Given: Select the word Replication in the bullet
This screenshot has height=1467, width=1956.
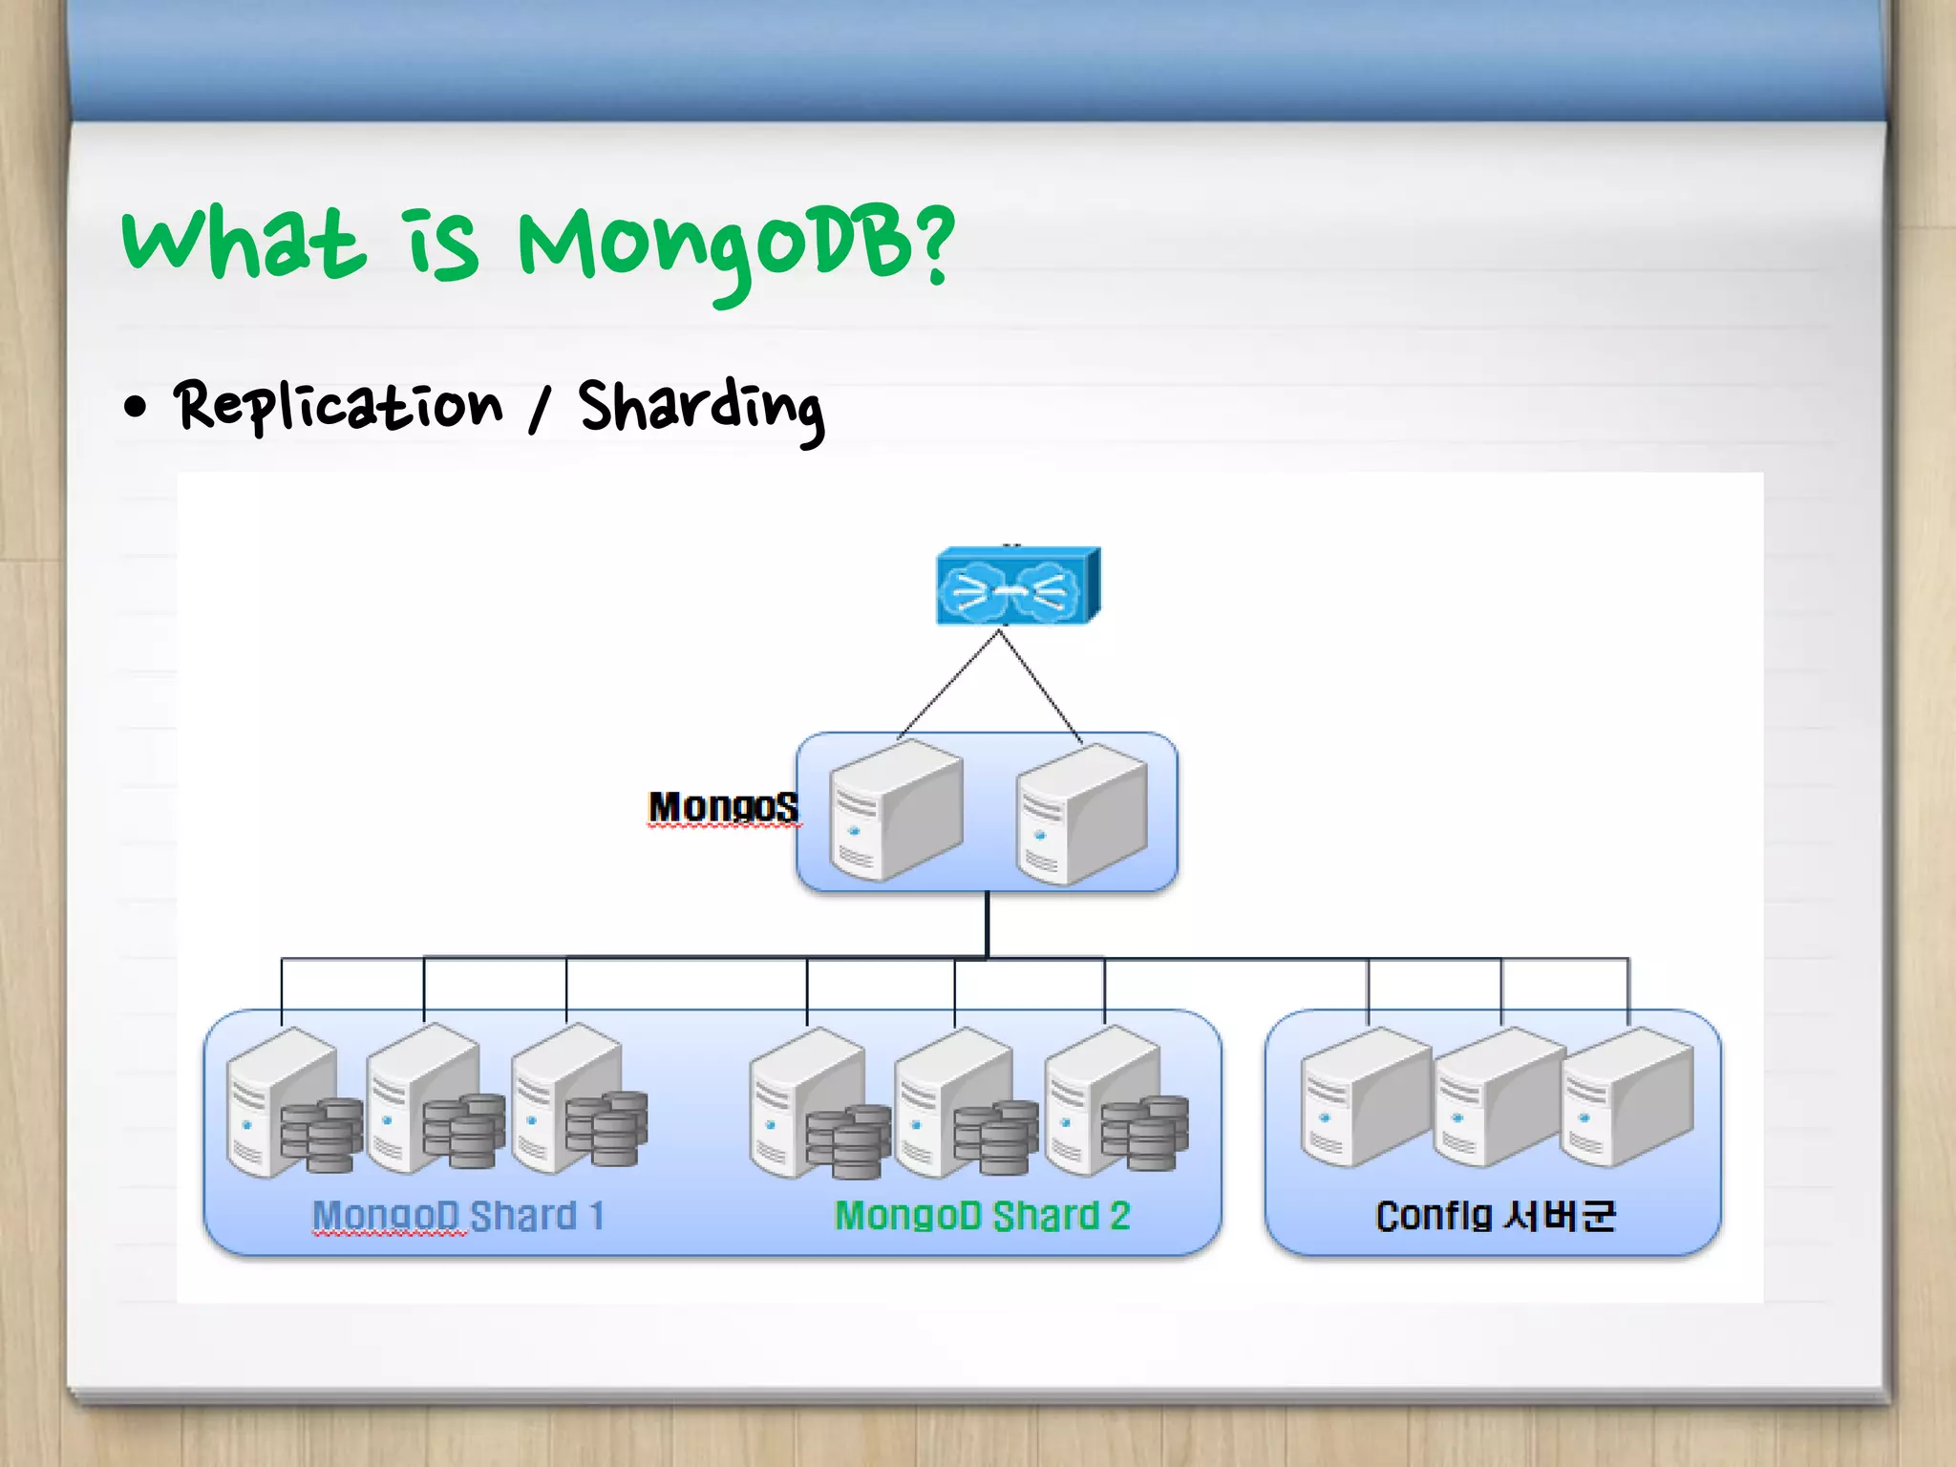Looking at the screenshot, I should [x=338, y=405].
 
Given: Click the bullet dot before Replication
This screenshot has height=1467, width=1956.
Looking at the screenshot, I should [x=136, y=408].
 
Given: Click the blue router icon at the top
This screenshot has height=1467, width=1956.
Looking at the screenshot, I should [x=1016, y=586].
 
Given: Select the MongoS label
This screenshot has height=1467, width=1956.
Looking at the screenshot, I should [x=723, y=807].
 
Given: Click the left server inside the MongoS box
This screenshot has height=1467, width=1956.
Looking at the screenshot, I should [x=895, y=811].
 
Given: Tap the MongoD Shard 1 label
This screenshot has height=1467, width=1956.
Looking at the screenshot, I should [x=458, y=1217].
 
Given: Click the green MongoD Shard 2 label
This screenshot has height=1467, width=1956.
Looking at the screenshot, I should [x=982, y=1217].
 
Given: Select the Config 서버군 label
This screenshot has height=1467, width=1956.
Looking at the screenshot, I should [x=1495, y=1217].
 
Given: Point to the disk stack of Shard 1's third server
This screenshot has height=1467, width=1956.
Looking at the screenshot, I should [x=606, y=1130].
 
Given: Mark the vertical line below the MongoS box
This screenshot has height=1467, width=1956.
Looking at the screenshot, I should [x=987, y=924].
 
